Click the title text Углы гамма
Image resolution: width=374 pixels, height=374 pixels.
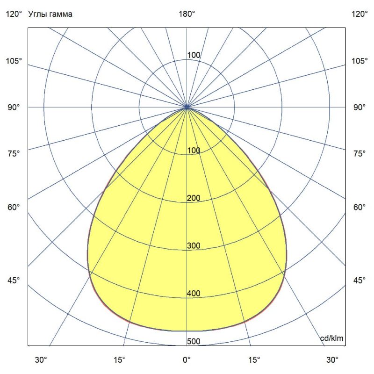point(50,14)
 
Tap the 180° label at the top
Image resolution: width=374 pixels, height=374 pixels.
point(187,14)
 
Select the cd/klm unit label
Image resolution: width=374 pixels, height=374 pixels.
point(331,338)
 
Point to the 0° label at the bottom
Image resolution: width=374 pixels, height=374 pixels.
point(187,360)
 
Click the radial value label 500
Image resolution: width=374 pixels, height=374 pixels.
point(194,341)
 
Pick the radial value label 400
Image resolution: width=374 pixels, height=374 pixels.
point(194,294)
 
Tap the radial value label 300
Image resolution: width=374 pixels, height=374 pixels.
point(194,246)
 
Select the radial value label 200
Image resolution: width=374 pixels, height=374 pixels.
point(194,198)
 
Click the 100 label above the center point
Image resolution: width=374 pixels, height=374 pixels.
point(194,55)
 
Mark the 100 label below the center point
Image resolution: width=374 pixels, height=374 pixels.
point(194,151)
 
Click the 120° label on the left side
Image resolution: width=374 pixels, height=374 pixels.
point(14,14)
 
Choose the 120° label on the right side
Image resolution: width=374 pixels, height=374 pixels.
point(360,14)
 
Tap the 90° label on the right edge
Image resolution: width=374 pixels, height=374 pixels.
point(360,108)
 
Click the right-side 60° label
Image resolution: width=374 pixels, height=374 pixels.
point(360,207)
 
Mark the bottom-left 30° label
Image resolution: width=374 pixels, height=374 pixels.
point(41,360)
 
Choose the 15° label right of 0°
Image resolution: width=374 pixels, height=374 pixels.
point(255,360)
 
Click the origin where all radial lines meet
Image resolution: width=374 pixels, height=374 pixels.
point(187,108)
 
